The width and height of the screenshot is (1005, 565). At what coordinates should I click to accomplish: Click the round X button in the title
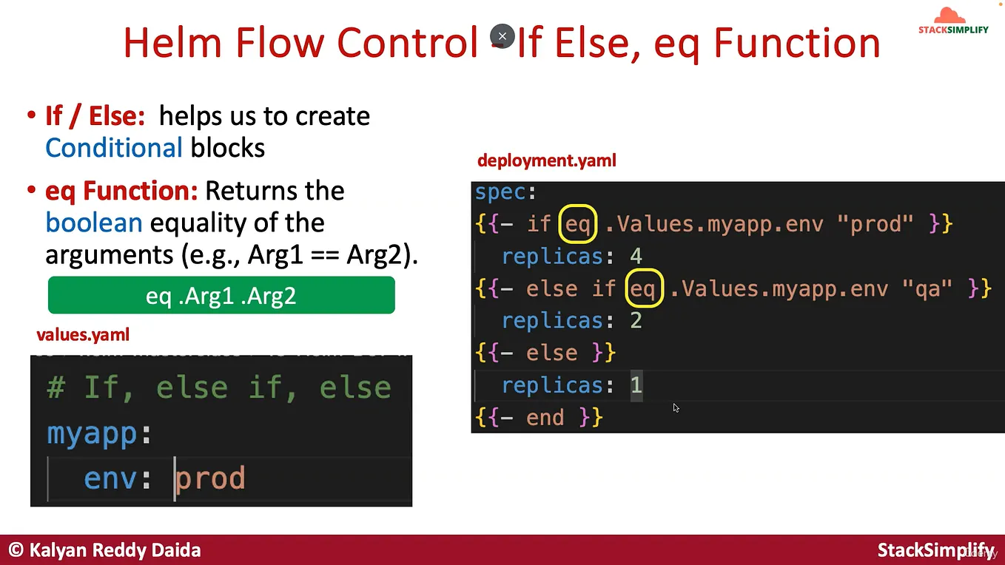pyautogui.click(x=502, y=35)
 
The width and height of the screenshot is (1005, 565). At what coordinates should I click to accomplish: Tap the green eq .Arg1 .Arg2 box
pyautogui.click(x=221, y=296)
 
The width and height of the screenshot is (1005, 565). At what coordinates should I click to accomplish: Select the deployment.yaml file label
pyautogui.click(x=547, y=160)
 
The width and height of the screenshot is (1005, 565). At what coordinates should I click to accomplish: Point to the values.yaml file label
pyautogui.click(x=83, y=335)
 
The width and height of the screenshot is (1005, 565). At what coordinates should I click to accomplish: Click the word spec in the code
pyautogui.click(x=500, y=192)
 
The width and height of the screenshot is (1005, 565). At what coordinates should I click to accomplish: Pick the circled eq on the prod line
pyautogui.click(x=578, y=224)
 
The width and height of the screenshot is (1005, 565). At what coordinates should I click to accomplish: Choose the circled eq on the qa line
pyautogui.click(x=642, y=288)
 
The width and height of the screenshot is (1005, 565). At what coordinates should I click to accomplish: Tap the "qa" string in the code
pyautogui.click(x=927, y=288)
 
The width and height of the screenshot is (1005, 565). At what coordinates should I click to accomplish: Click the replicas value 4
pyautogui.click(x=636, y=257)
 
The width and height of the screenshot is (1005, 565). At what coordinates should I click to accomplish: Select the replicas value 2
pyautogui.click(x=636, y=321)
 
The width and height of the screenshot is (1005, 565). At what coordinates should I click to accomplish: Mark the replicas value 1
pyautogui.click(x=636, y=385)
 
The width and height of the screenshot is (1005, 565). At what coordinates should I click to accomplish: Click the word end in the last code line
pyautogui.click(x=545, y=418)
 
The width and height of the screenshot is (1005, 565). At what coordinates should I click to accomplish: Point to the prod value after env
pyautogui.click(x=210, y=478)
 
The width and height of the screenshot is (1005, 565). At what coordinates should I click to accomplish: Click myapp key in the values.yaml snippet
pyautogui.click(x=93, y=433)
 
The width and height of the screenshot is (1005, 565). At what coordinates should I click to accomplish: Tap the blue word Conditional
pyautogui.click(x=114, y=148)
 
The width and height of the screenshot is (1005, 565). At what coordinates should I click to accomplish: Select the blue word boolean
pyautogui.click(x=93, y=223)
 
